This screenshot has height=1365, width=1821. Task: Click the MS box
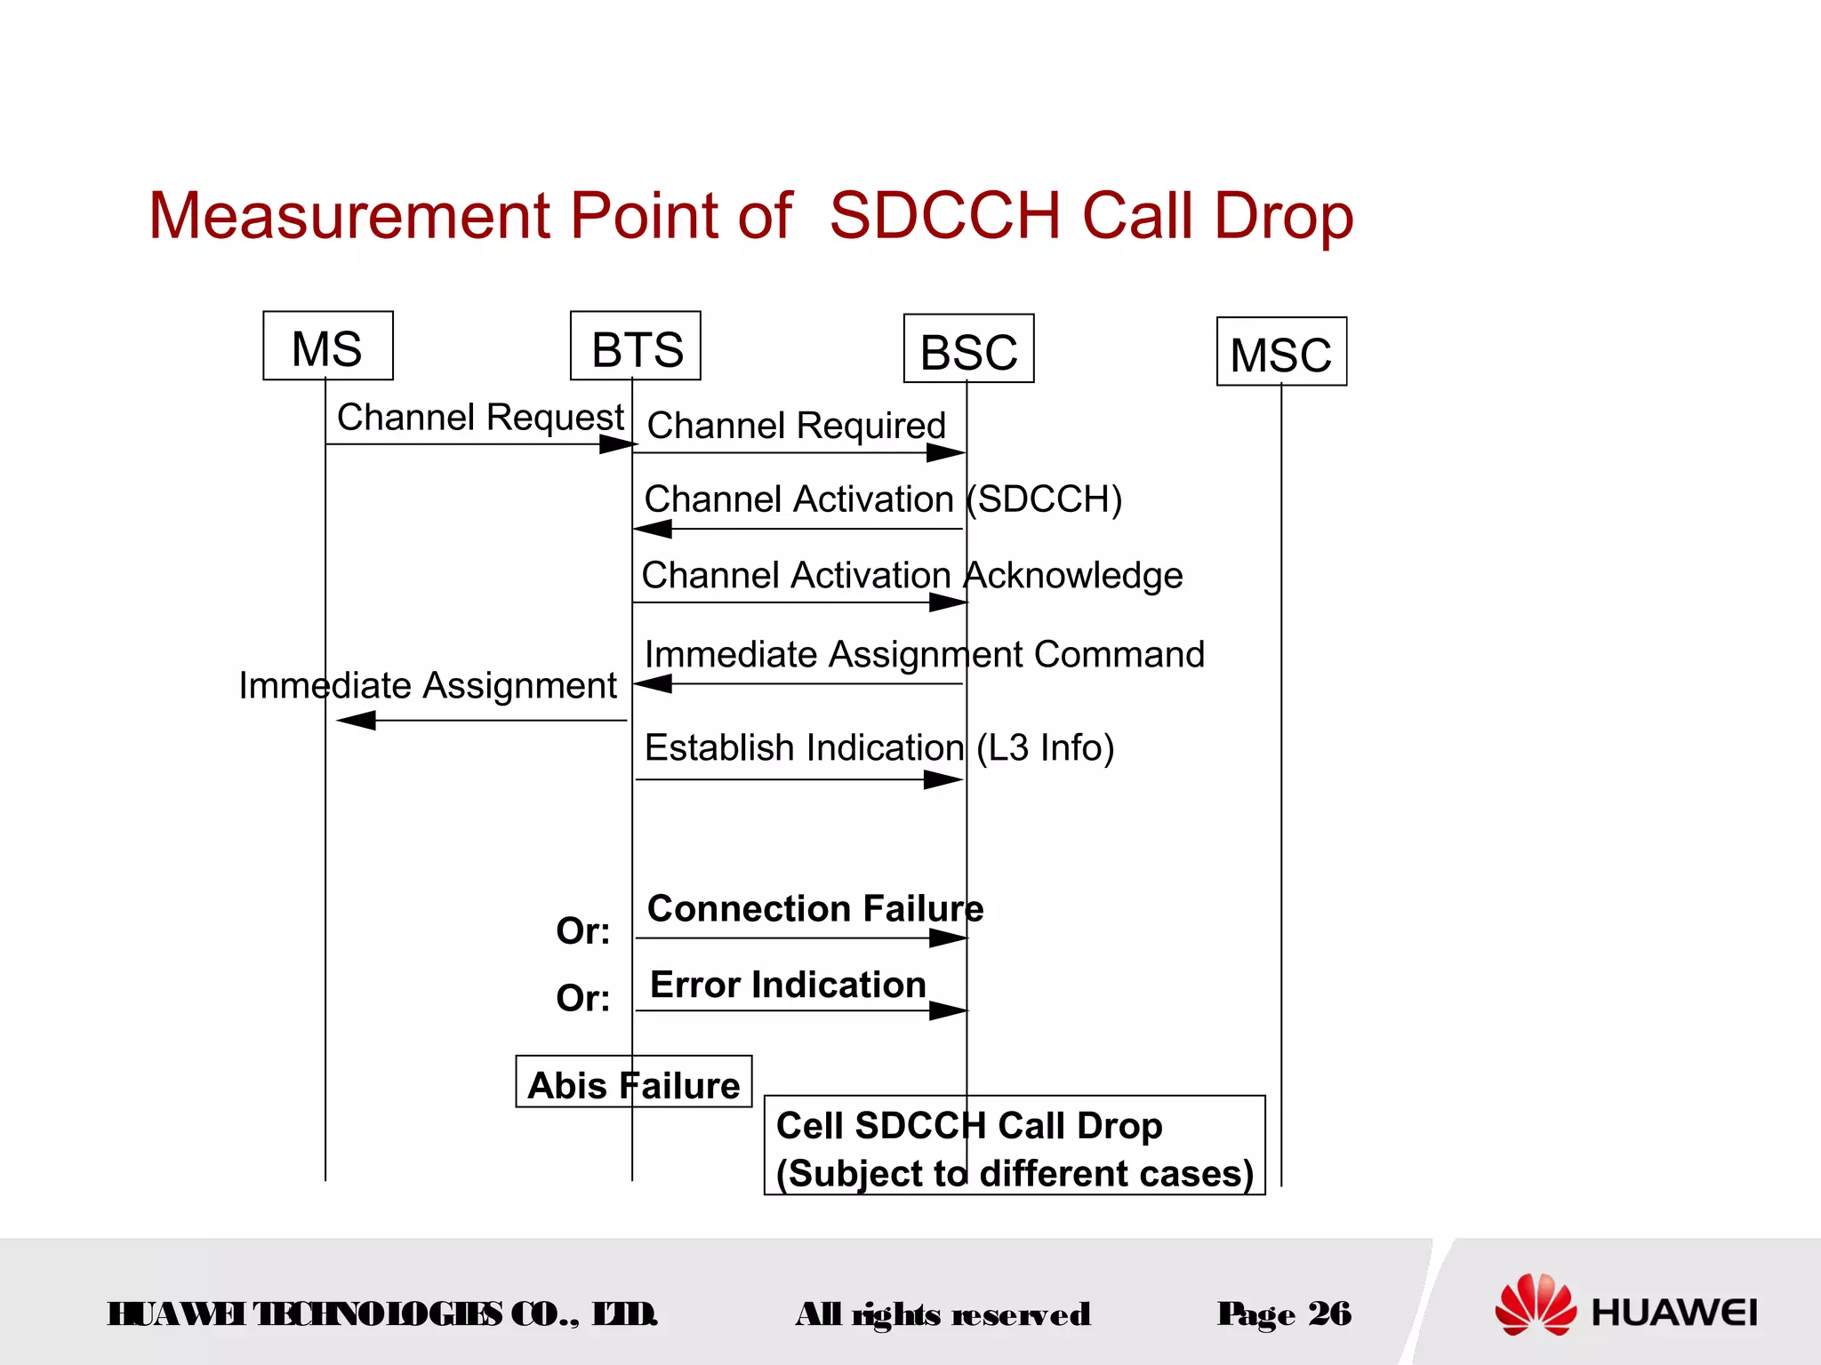pos(327,347)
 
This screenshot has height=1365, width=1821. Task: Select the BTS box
pos(636,347)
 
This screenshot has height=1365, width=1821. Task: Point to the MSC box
pos(1281,353)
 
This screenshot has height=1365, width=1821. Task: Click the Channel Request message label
pos(480,417)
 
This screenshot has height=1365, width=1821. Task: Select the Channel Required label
pos(796,426)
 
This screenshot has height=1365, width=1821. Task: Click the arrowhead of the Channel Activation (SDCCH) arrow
pos(653,530)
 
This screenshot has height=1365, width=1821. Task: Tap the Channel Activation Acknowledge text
pos(911,576)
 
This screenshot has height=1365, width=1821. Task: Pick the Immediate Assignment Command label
pos(924,655)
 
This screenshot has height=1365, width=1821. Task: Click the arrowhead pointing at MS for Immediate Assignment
pos(356,721)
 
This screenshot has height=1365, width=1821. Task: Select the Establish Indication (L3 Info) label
pos(878,748)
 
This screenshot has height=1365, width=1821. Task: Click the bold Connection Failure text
pos(815,909)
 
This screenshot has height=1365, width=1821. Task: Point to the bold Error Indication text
pos(788,986)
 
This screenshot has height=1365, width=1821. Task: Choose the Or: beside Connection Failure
pos(583,931)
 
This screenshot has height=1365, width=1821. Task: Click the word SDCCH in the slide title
pos(944,216)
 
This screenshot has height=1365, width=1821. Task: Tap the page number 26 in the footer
pos(1329,1313)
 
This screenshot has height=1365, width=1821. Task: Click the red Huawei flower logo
pos(1535,1305)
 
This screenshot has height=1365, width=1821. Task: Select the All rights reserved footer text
pos(943,1314)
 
